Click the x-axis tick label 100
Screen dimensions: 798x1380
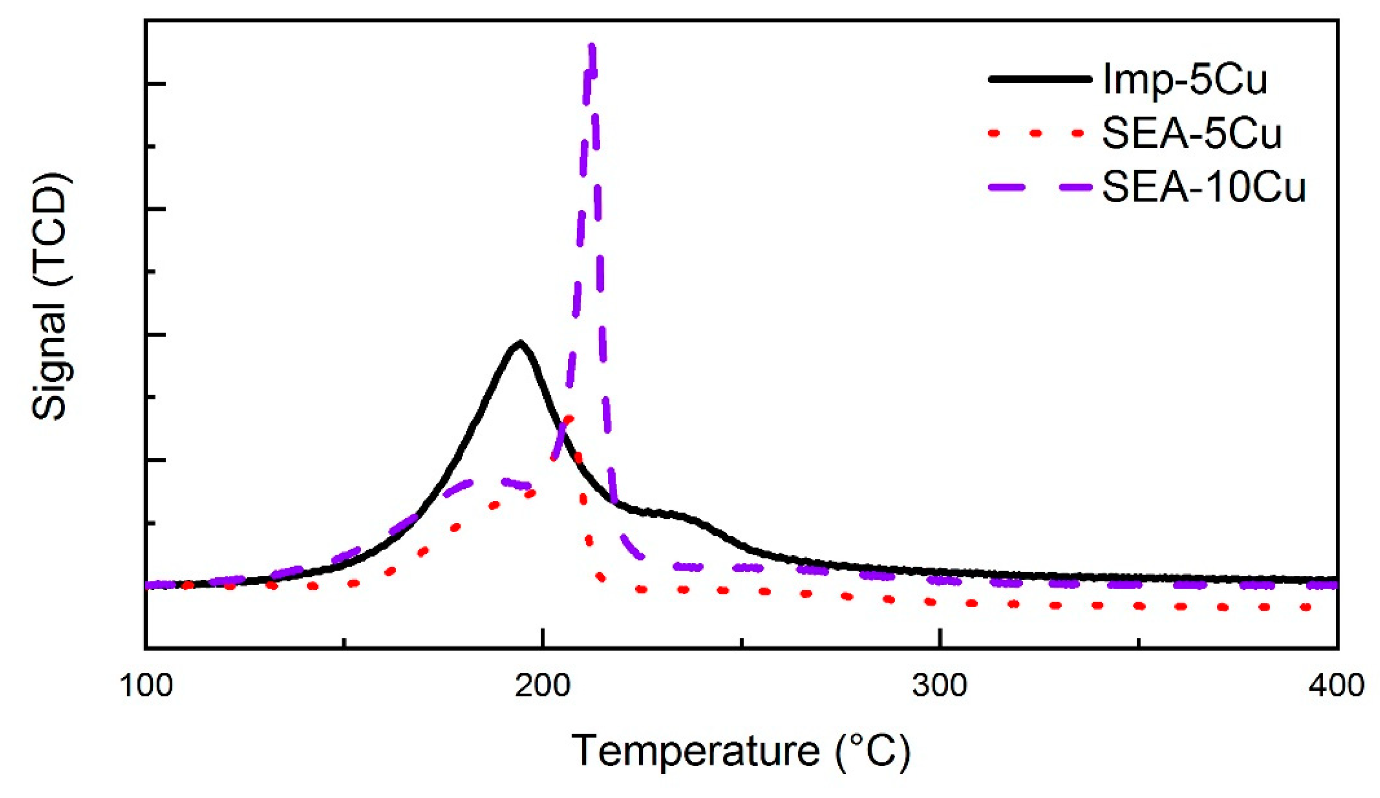[x=146, y=686]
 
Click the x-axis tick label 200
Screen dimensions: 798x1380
[x=542, y=686]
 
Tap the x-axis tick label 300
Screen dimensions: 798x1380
[x=939, y=686]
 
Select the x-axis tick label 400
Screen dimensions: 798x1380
[x=1335, y=686]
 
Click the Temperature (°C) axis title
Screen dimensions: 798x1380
[x=741, y=750]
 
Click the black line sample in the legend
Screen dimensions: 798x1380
[x=1040, y=80]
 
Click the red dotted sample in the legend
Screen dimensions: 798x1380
[x=1040, y=133]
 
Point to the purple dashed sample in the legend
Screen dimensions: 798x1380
[x=1040, y=186]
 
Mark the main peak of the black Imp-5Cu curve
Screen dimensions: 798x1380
[x=519, y=344]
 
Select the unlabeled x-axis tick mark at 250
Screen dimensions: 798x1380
[x=741, y=642]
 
